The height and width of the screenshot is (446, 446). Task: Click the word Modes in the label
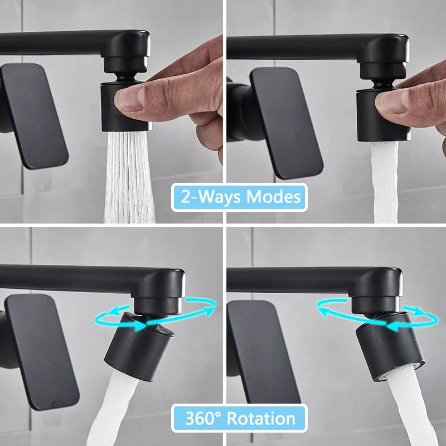[x=273, y=197]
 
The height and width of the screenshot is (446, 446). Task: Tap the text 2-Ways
[x=211, y=197]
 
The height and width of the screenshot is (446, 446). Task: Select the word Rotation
[x=261, y=419]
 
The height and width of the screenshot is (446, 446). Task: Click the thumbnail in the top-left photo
[x=130, y=99]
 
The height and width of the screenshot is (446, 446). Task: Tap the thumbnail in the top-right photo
[x=392, y=103]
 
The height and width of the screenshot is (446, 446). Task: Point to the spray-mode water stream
[x=129, y=177]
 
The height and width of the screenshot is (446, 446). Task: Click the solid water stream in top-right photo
[x=385, y=182]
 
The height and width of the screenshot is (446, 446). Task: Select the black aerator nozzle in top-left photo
[x=125, y=106]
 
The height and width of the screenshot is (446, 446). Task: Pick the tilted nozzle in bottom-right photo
[x=390, y=347]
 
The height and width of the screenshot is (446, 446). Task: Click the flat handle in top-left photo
[x=34, y=116]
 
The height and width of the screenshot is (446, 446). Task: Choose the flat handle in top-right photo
[x=286, y=123]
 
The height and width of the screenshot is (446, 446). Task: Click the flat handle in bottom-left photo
[x=41, y=352]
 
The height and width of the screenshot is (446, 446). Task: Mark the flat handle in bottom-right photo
[x=263, y=352]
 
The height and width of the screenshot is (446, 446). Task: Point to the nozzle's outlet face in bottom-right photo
[x=400, y=371]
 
